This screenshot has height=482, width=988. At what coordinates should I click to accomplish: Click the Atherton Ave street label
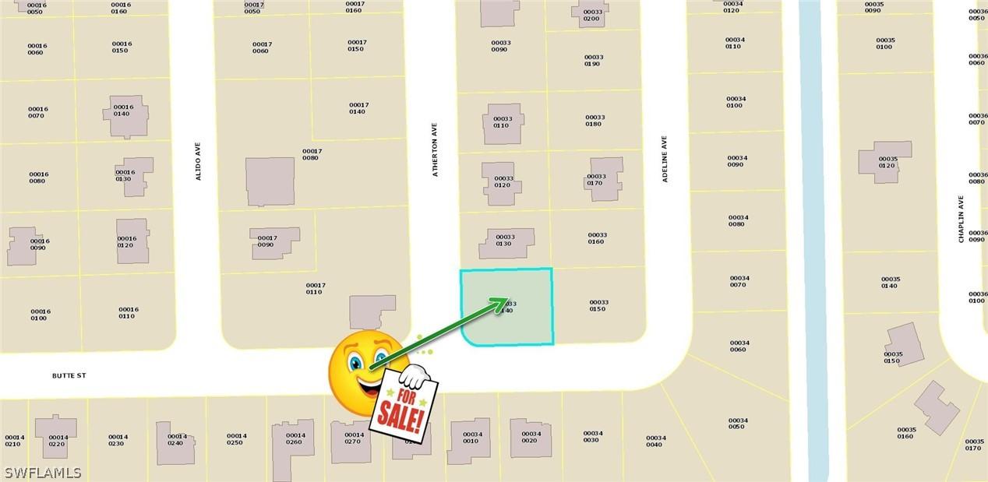tap(436, 149)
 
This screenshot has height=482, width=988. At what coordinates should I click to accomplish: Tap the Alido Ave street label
tap(198, 161)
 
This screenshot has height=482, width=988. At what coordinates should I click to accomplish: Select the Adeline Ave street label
tap(665, 160)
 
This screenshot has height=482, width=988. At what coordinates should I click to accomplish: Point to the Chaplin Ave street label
tap(962, 219)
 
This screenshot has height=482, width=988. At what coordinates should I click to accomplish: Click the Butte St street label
tap(69, 375)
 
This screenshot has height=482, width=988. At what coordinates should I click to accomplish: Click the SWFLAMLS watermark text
tap(43, 473)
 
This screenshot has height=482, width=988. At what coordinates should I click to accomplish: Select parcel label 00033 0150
tap(598, 305)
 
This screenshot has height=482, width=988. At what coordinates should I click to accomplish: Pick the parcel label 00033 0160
tap(597, 237)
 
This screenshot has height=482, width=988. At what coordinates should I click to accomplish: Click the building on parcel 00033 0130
tap(506, 243)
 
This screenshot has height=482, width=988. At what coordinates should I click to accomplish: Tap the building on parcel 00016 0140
tap(125, 115)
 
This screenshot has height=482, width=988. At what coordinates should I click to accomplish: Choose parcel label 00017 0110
tap(315, 288)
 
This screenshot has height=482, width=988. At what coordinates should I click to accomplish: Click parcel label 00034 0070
tap(739, 281)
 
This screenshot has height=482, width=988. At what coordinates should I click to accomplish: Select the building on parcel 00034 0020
tap(531, 437)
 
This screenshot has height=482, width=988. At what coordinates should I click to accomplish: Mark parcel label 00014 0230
tap(118, 440)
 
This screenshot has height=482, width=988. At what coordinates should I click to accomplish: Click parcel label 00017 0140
tap(358, 108)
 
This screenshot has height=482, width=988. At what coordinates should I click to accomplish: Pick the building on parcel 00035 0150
tap(904, 343)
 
